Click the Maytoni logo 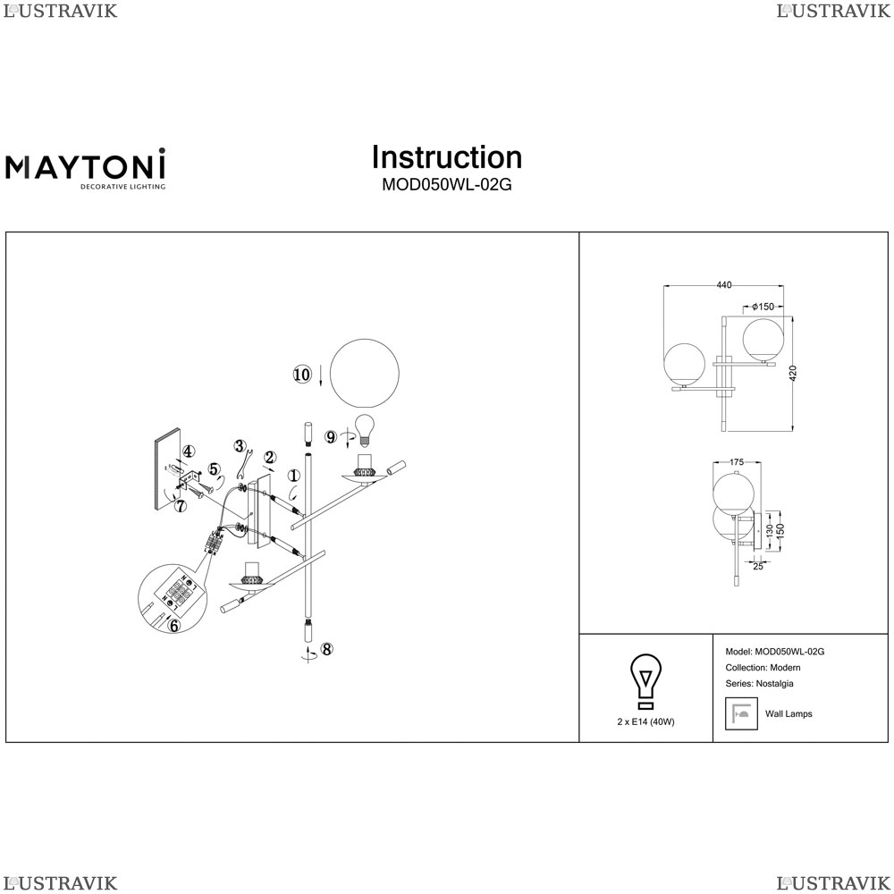[86, 168]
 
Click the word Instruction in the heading [447, 157]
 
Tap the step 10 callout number [302, 375]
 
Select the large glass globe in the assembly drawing [365, 374]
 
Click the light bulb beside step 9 [365, 431]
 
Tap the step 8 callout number [326, 649]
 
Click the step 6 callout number [174, 626]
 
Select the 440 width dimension [724, 285]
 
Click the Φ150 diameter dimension [763, 307]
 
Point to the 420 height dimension [793, 374]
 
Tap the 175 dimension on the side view [737, 462]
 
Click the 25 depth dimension [758, 566]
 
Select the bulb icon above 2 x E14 [645, 680]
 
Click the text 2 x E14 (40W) [645, 721]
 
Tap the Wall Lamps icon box [741, 713]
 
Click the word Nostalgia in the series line [774, 684]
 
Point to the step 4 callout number [188, 452]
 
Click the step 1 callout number [293, 476]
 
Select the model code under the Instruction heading [447, 185]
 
